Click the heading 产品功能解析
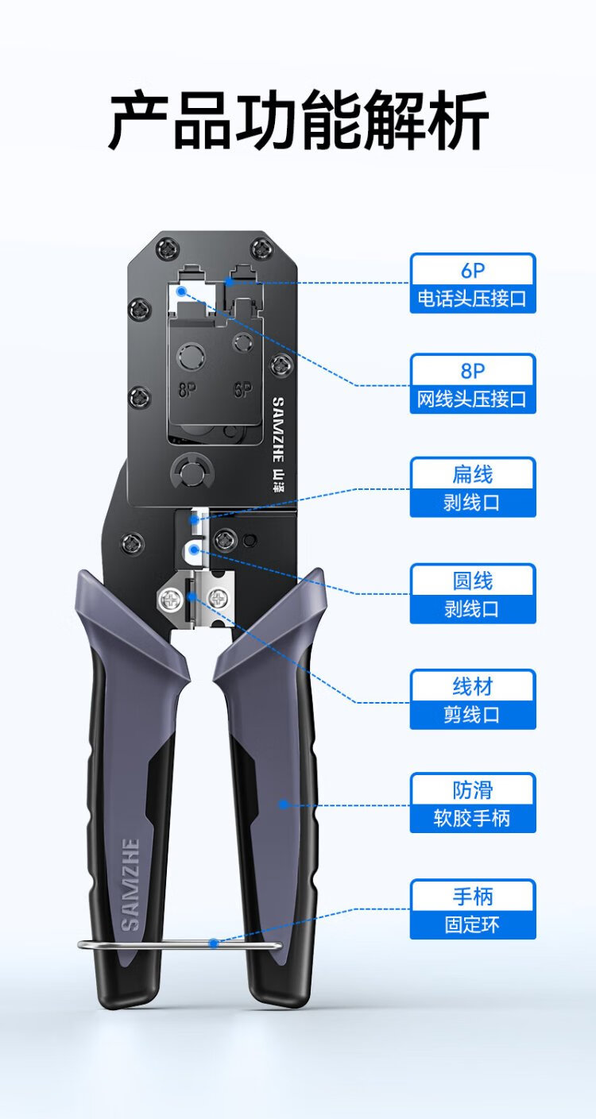[x=298, y=122]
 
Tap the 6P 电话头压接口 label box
[x=473, y=284]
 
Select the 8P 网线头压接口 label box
[x=473, y=384]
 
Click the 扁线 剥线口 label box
[x=473, y=488]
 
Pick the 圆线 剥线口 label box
[x=473, y=594]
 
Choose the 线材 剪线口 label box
[x=473, y=700]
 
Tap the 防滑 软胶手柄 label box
[x=473, y=803]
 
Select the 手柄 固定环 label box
[x=473, y=909]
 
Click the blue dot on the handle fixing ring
[x=213, y=943]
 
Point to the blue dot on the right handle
[x=282, y=805]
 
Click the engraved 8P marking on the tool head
[x=188, y=391]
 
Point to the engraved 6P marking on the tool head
[x=243, y=390]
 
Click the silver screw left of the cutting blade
[x=170, y=597]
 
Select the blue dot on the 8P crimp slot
[x=182, y=291]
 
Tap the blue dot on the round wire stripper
[x=195, y=549]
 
